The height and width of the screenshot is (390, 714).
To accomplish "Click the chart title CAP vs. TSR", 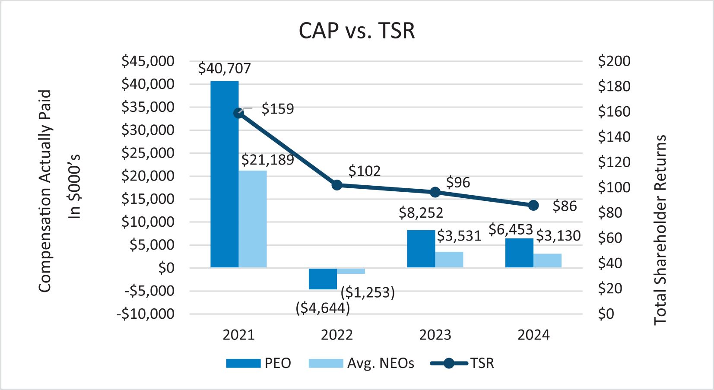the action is (357, 31).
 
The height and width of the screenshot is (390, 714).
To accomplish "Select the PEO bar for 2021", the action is (225, 174).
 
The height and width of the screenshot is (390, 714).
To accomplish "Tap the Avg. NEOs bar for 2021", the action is (253, 219).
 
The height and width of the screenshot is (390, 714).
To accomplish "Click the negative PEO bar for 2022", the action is (323, 279).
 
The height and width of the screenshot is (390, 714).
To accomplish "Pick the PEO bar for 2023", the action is (421, 249).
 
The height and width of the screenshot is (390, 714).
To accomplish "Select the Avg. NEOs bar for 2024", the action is (547, 260).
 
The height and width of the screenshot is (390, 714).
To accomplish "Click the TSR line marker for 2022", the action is (337, 185).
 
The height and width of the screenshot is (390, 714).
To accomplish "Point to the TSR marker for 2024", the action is (533, 206).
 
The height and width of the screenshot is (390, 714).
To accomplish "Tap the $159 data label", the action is (278, 109).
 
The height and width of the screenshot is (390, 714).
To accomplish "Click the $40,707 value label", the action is (225, 68).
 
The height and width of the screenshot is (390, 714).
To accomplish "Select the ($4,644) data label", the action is (323, 308).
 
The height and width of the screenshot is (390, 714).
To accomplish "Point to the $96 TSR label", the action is (458, 183).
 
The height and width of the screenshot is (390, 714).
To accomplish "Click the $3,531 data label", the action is (459, 236).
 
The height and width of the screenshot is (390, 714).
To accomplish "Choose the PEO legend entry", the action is (258, 363).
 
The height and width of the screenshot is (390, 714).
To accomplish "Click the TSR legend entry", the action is (462, 363).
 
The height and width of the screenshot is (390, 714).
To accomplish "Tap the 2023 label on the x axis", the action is (435, 335).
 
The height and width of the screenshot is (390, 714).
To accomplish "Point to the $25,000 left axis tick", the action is (148, 153).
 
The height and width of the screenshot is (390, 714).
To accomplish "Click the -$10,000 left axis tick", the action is (146, 314).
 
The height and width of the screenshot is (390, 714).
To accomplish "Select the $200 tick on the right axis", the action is (614, 61).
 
